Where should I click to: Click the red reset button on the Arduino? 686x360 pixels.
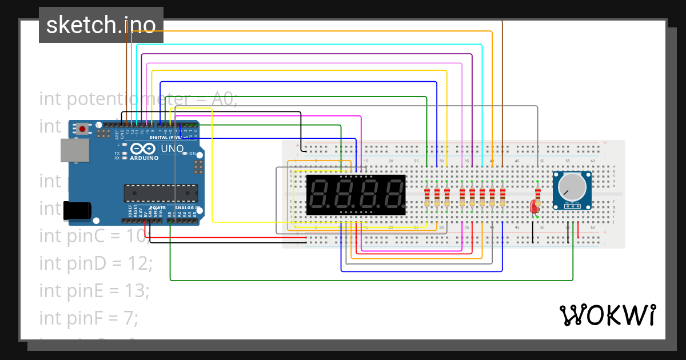pyautogui.click(x=83, y=129)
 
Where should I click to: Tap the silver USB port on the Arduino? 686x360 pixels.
pyautogui.click(x=75, y=150)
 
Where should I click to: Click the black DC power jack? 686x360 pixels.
pyautogui.click(x=77, y=210)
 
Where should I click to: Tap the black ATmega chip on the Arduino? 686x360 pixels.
pyautogui.click(x=161, y=193)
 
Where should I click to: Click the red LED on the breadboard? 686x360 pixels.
pyautogui.click(x=535, y=207)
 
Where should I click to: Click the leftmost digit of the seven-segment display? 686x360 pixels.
pyautogui.click(x=319, y=195)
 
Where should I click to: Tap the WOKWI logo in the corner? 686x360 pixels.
pyautogui.click(x=607, y=315)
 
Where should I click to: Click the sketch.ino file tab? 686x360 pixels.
pyautogui.click(x=101, y=25)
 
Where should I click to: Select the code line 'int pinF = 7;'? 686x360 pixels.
pyautogui.click(x=89, y=318)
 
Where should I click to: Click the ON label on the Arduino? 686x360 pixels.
pyautogui.click(x=192, y=154)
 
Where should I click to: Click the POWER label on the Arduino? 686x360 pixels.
pyautogui.click(x=158, y=207)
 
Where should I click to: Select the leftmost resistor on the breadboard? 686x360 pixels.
pyautogui.click(x=427, y=197)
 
